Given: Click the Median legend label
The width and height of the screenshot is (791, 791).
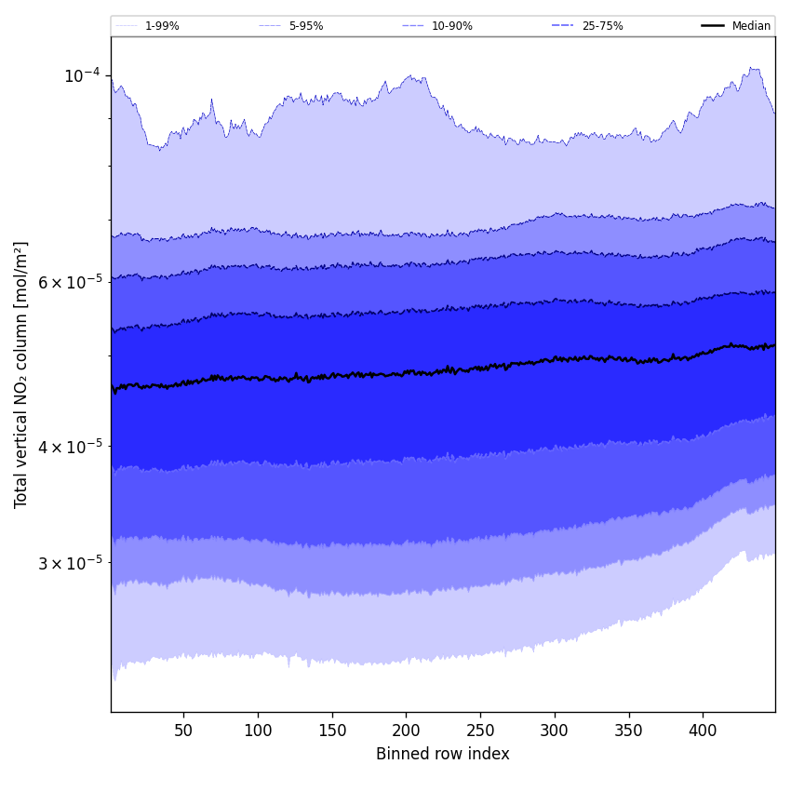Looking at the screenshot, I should [751, 26].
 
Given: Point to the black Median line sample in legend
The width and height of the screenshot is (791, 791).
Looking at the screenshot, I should [714, 26].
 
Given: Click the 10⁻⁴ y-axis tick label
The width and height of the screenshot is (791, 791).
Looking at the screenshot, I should [82, 75].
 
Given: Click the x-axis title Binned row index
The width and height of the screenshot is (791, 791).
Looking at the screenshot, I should [443, 754].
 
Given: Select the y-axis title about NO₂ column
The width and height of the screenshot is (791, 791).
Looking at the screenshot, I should [21, 374].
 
